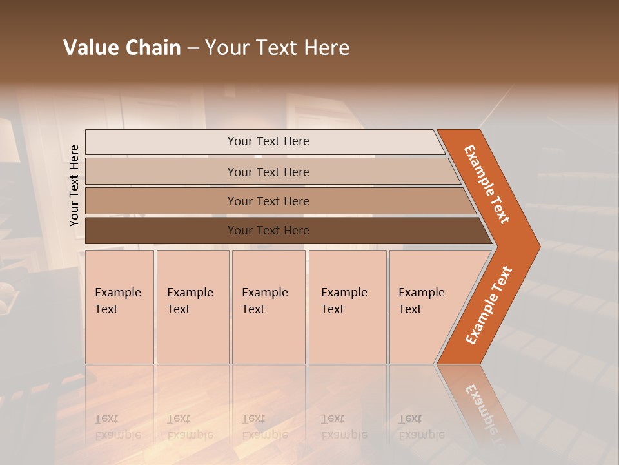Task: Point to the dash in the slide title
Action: pos(193,48)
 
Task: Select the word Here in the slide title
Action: pos(326,48)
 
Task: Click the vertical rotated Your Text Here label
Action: pos(74,185)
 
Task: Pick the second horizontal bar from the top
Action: pos(268,172)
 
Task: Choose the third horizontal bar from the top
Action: pos(268,201)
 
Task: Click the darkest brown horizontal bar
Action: pos(268,231)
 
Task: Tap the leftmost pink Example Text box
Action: pos(119,307)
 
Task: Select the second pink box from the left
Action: pos(193,307)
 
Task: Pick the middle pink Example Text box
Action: pos(268,307)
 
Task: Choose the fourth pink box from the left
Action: pos(348,307)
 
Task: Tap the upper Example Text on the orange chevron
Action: pos(487,184)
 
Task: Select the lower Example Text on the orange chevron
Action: pos(489,305)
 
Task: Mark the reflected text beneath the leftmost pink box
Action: pos(117,427)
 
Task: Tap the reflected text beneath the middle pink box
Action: pos(264,427)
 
